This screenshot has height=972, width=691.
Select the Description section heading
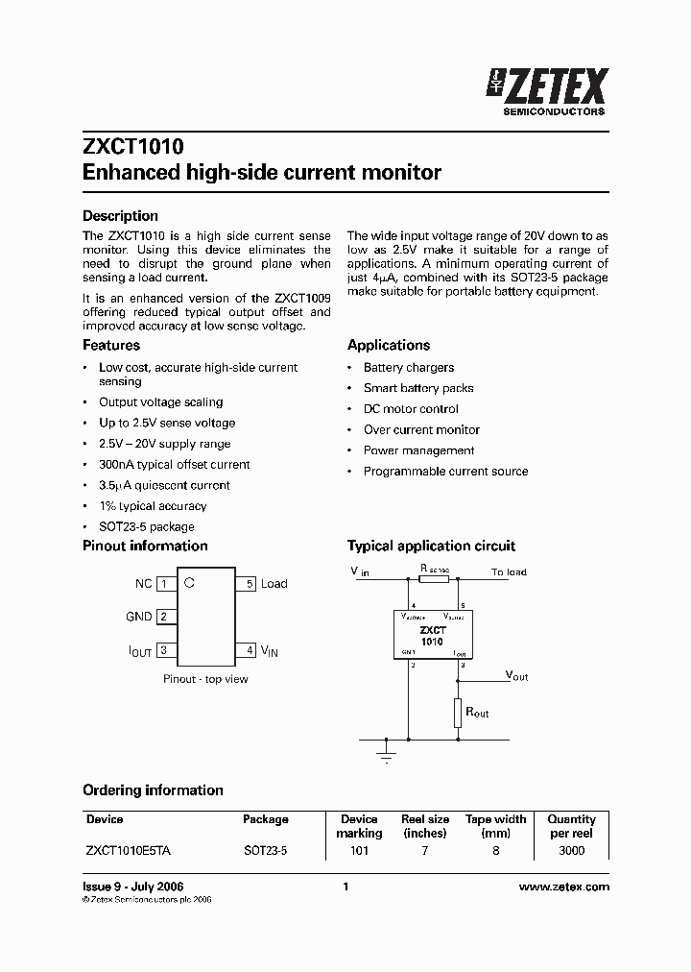point(120,216)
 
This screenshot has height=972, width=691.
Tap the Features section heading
point(111,345)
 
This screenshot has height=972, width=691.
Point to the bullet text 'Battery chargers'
point(408,368)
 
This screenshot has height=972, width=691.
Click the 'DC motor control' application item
point(411,409)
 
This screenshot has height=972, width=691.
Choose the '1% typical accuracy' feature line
point(153,506)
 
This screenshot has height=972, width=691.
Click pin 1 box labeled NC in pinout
point(164,584)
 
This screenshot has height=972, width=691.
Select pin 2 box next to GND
point(164,617)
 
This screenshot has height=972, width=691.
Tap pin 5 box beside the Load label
point(250,584)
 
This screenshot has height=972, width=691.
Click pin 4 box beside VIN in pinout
point(250,650)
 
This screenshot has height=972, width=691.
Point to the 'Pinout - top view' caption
point(205,679)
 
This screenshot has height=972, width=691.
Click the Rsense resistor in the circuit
point(434,580)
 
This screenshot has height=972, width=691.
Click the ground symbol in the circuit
point(387,750)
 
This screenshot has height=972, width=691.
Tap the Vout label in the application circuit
point(516,676)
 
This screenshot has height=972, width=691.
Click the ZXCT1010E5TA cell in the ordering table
point(129,851)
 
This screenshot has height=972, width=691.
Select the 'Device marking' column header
point(359,826)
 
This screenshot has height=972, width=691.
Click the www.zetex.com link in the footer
point(563,887)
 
